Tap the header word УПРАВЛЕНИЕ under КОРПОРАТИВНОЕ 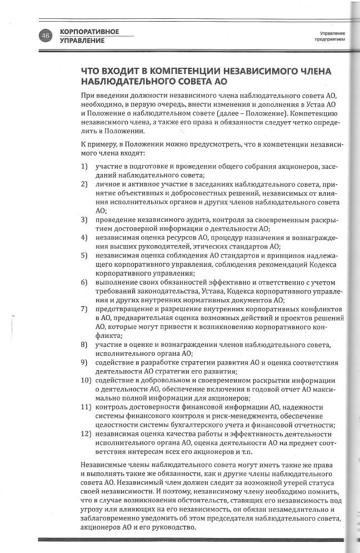[82, 41]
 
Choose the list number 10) [86, 380]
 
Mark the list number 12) [86, 434]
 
